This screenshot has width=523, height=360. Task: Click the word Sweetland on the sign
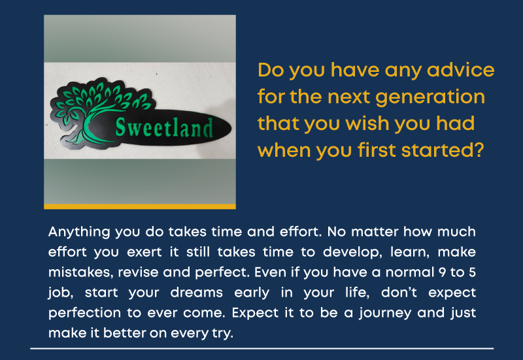164,127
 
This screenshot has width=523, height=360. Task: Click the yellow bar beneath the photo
140,206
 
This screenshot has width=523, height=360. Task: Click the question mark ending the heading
479,150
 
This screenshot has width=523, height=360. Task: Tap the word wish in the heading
367,123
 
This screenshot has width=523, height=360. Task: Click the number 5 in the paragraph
472,272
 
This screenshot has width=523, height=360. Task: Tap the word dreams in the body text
197,292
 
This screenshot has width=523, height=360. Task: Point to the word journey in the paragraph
385,314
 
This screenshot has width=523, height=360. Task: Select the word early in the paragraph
252,293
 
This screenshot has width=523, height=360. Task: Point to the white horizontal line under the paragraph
262,349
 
